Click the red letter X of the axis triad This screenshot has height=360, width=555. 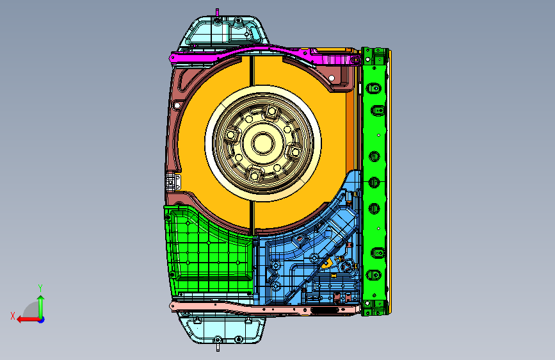click(x=13, y=316)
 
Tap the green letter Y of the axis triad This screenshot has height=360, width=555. click(x=40, y=288)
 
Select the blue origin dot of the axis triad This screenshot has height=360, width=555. click(x=42, y=320)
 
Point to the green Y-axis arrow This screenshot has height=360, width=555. click(x=41, y=307)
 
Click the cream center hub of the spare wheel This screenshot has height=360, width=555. click(x=263, y=143)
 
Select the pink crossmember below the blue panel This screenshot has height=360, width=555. click(x=262, y=309)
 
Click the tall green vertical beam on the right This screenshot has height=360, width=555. click(x=375, y=181)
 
